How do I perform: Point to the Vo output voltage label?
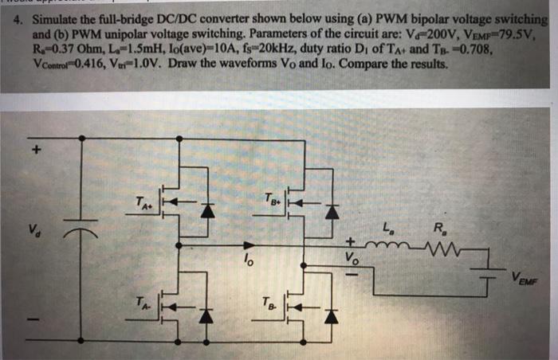[351, 259]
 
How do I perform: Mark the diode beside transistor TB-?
[332, 316]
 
